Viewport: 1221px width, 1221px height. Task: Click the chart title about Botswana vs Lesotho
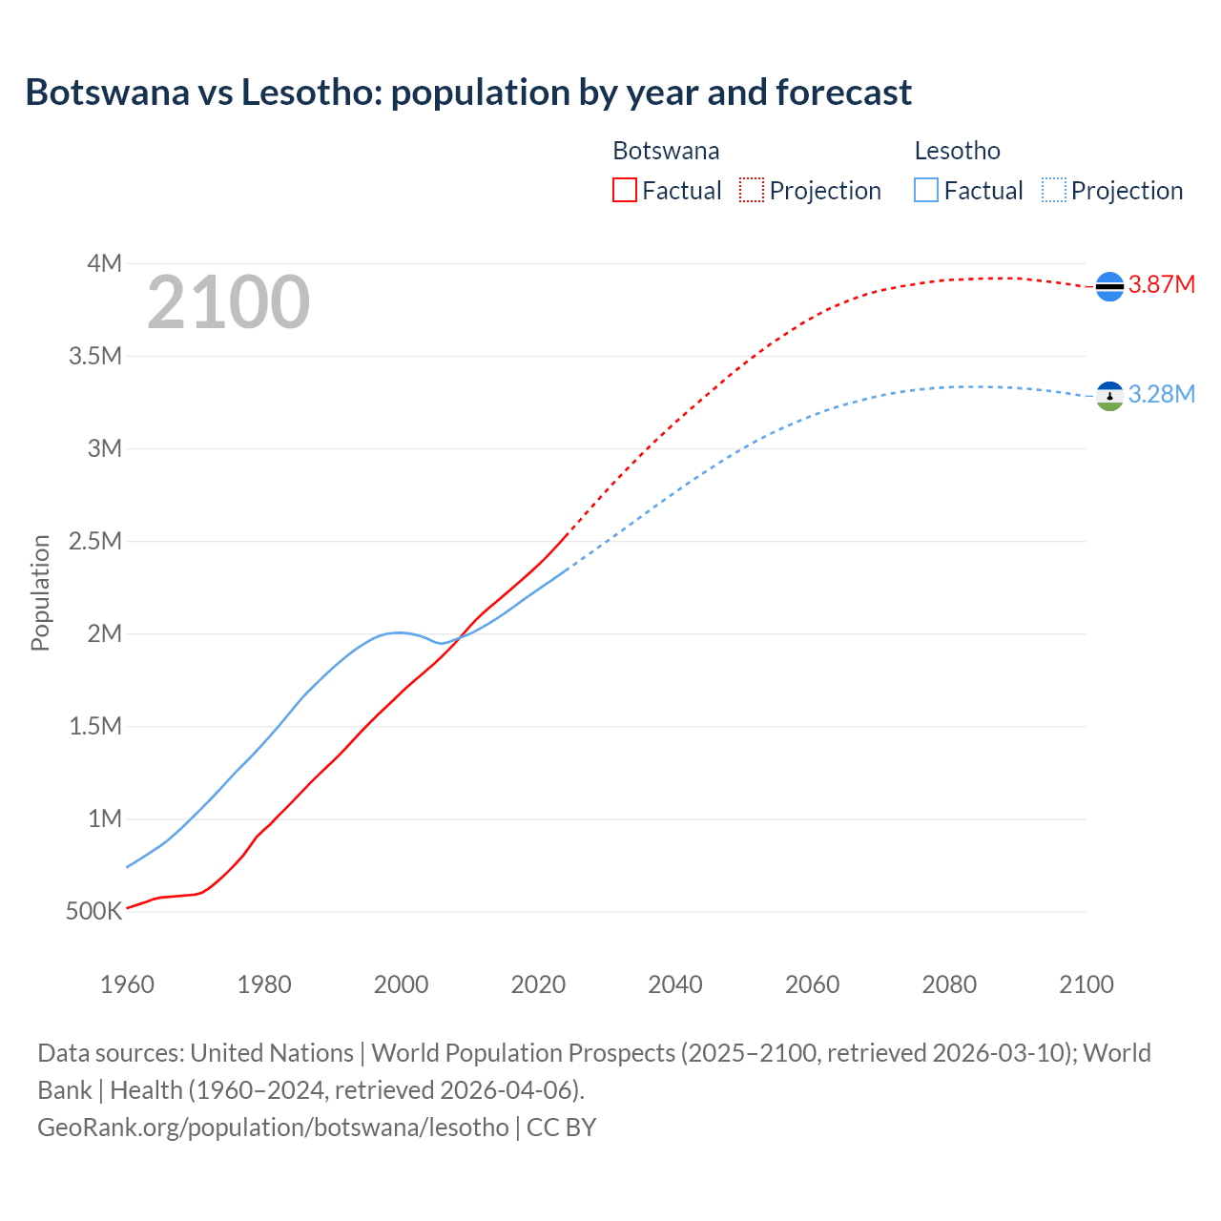(468, 93)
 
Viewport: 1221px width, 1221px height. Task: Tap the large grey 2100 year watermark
(228, 302)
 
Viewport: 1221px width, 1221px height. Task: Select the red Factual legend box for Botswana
(624, 191)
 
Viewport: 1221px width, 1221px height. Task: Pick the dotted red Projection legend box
(752, 191)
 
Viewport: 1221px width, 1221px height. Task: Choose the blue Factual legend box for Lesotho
(926, 191)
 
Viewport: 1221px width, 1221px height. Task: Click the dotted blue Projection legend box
(1053, 191)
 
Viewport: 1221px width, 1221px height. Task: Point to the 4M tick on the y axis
(105, 263)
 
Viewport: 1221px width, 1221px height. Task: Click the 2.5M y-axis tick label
(95, 541)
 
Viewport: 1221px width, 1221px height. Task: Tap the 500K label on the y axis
(93, 911)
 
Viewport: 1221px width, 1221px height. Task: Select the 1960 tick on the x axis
(127, 984)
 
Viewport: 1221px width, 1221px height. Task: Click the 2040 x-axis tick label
(675, 984)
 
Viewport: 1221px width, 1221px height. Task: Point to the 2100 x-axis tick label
(1086, 984)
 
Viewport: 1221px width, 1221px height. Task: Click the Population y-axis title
(40, 592)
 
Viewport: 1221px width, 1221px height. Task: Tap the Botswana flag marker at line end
(1109, 286)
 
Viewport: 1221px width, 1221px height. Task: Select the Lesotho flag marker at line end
(1109, 396)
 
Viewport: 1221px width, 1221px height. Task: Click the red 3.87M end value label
(1162, 285)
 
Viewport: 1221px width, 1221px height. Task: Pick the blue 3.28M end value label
(1162, 395)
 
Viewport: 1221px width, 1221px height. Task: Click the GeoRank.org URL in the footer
(273, 1128)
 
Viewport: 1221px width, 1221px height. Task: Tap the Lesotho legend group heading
(957, 151)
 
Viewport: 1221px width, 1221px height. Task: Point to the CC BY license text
(562, 1128)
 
